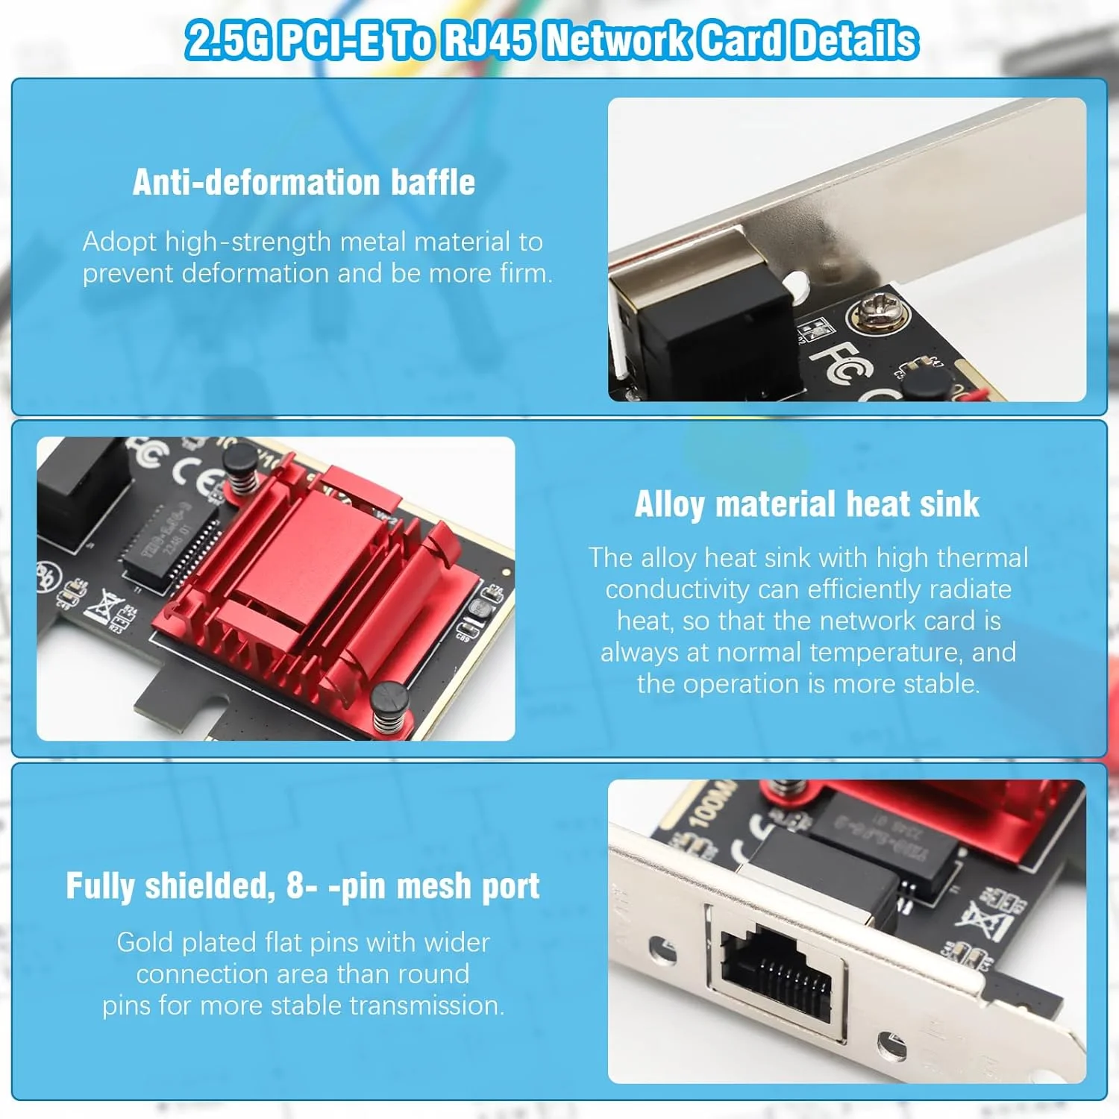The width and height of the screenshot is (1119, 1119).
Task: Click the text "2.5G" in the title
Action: (227, 40)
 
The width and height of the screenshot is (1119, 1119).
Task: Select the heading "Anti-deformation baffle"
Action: (304, 182)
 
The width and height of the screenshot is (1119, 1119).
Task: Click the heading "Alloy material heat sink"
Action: (807, 504)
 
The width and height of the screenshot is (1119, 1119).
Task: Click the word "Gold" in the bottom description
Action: (145, 942)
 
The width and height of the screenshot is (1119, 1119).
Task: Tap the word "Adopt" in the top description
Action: (119, 242)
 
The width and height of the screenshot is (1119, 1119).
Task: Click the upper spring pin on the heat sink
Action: (242, 468)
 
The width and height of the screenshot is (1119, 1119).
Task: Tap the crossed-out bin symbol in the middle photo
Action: (104, 606)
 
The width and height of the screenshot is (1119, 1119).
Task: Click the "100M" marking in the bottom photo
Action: (708, 806)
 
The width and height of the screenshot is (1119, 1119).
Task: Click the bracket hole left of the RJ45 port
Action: (662, 950)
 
